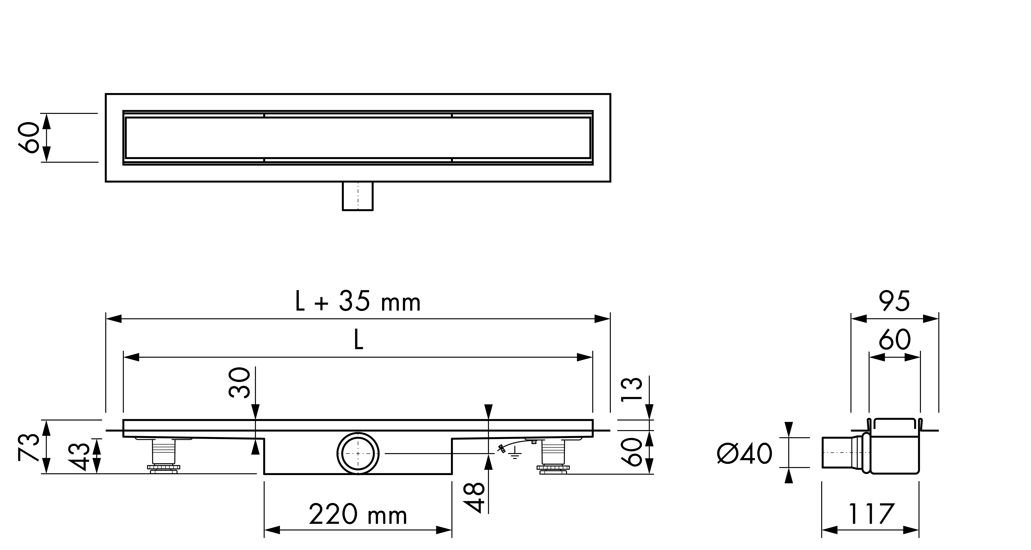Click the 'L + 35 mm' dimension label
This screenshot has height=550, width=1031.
358,303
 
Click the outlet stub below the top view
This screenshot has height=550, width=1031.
358,196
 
